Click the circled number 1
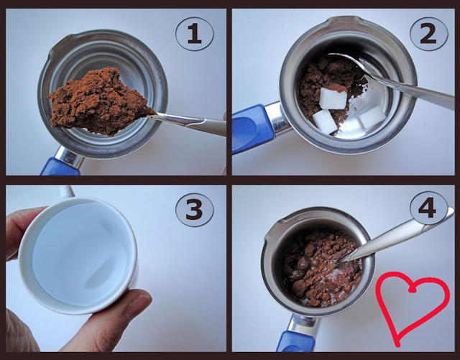coord(195,34)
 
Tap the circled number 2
coord(428,34)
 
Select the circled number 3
coord(195,210)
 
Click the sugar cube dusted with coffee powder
coord(333,97)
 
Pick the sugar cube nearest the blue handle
coord(325,121)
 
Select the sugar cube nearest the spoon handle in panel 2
coord(372,116)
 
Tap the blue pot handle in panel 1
coord(60,167)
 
